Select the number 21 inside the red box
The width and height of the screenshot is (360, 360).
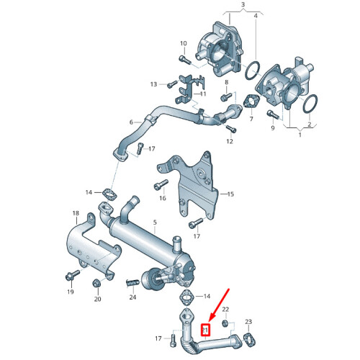click(x=204, y=330)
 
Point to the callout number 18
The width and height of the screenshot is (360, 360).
click(x=75, y=214)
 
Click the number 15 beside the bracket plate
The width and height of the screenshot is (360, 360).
click(x=230, y=194)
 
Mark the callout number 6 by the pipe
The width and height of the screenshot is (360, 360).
click(x=131, y=122)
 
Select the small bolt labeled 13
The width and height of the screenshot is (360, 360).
click(x=171, y=85)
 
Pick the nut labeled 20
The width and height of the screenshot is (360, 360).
click(x=97, y=282)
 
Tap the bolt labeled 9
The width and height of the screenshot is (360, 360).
click(x=271, y=113)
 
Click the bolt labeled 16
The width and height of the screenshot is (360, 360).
click(x=158, y=186)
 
